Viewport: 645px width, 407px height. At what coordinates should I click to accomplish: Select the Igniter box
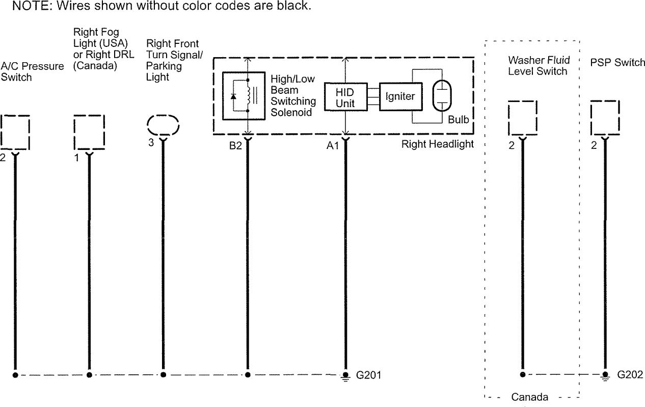[401, 97]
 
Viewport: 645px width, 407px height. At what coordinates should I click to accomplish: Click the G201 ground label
[368, 375]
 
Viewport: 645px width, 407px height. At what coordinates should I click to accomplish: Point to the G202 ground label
[630, 375]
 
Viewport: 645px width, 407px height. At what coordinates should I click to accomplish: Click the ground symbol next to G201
[345, 376]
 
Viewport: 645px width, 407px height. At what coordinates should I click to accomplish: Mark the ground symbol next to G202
[605, 376]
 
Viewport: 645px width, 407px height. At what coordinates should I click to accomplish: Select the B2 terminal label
[235, 146]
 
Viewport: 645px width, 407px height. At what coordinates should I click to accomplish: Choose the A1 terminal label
[333, 146]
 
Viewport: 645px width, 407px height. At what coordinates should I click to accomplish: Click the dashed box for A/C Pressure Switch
[15, 132]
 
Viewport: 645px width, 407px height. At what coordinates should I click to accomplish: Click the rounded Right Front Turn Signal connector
[163, 125]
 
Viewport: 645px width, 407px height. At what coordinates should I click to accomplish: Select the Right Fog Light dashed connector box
[89, 132]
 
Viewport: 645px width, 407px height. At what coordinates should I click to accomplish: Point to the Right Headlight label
[437, 144]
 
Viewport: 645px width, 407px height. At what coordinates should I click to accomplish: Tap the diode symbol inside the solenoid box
[233, 96]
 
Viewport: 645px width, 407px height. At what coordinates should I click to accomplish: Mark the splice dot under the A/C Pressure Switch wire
[15, 375]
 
